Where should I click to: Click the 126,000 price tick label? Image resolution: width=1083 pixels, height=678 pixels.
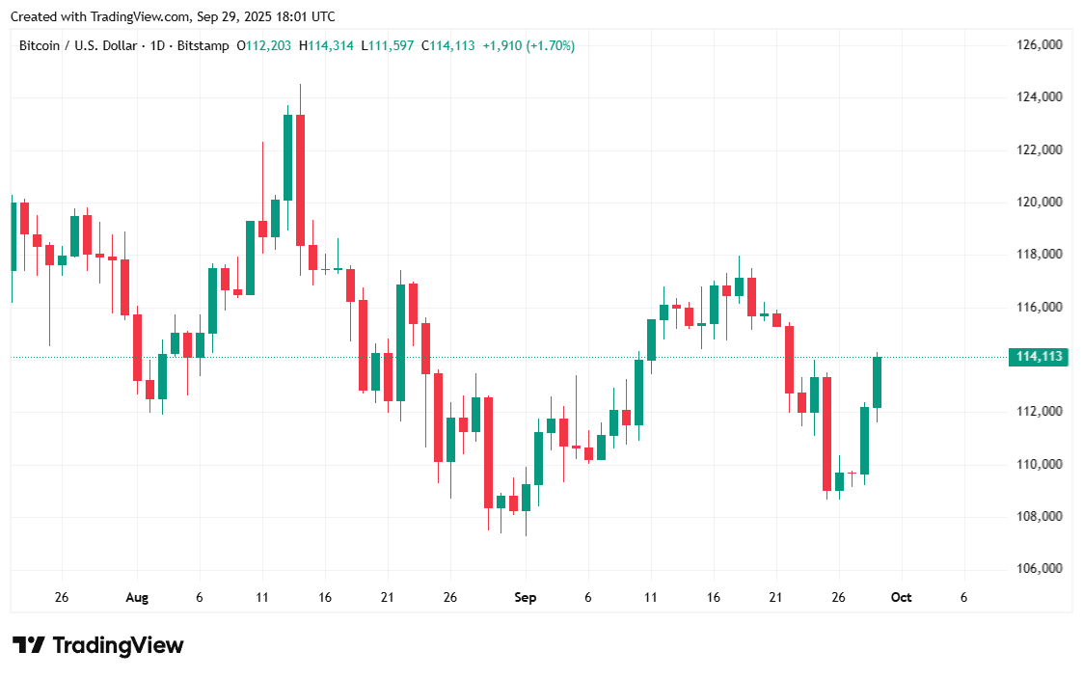1039,44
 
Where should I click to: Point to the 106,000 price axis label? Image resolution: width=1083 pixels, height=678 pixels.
1039,568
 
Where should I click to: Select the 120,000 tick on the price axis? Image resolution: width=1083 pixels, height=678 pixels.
1039,202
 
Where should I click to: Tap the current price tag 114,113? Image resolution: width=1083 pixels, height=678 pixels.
1039,357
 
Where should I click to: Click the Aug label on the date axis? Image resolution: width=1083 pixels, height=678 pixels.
137,597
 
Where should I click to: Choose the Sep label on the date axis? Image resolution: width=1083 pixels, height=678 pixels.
525,597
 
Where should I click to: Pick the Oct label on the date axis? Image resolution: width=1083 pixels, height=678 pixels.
901,597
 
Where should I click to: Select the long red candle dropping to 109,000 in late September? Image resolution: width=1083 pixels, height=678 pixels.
826,434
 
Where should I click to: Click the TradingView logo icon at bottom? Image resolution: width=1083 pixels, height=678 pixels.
28,645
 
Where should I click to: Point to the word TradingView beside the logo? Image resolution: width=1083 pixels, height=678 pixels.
118,645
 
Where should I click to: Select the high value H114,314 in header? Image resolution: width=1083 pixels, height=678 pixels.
325,45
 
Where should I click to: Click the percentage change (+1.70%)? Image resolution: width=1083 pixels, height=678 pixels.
550,45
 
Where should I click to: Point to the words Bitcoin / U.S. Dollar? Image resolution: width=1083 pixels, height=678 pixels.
78,45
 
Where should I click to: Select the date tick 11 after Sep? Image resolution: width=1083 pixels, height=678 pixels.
650,597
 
